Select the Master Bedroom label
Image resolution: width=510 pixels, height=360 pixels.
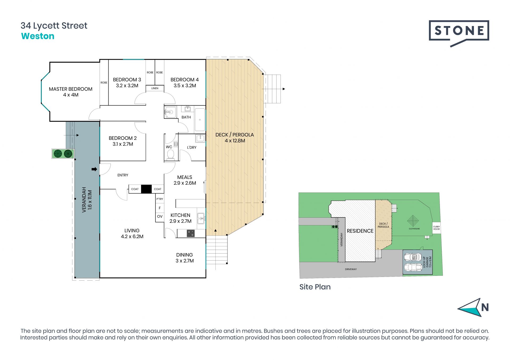pos(71,92)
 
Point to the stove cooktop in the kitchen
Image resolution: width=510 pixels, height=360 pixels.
pos(190,233)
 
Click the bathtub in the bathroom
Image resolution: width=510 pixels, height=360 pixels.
pos(200,120)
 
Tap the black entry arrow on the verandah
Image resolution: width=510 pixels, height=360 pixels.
pos(94,169)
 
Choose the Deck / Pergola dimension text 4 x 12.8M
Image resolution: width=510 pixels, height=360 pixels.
pos(235,141)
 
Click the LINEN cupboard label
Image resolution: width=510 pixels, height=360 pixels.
pos(155,88)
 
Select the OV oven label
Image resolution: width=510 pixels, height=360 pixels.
pos(160,216)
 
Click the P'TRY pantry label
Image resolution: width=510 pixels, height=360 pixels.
pos(160,199)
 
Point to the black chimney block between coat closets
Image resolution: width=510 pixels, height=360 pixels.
pos(146,189)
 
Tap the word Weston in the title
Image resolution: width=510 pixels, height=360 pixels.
pos(38,36)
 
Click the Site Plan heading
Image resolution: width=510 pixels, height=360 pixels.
pos(315,287)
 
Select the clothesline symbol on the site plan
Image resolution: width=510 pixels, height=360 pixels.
pos(413,221)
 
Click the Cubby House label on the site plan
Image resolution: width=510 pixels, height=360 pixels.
pos(436,228)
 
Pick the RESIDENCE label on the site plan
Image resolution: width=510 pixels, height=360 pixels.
pos(360,231)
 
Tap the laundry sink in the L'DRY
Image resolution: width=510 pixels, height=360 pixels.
pos(200,138)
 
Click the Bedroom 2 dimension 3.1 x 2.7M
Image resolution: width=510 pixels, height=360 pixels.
pos(123,144)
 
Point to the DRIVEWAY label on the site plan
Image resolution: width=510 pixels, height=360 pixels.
pos(351,269)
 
